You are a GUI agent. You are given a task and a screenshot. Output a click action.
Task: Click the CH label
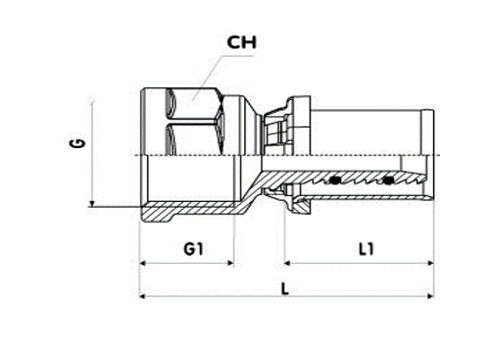coord(241,42)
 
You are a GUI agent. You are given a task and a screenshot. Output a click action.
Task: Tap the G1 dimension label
coord(193,249)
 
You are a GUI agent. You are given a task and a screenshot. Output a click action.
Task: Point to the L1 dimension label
coord(367,249)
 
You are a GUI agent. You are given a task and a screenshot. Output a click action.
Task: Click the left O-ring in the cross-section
coord(335,180)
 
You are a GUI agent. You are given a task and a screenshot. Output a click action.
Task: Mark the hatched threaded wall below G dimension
coord(186,210)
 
